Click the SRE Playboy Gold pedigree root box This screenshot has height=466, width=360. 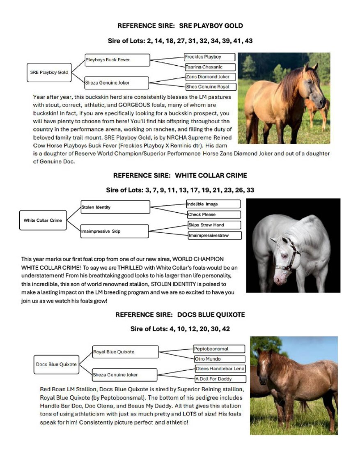tap(49, 72)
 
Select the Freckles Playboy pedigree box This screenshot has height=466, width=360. tap(209, 57)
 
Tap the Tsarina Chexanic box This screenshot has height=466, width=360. tap(210, 67)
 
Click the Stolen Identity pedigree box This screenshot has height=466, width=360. tap(115, 207)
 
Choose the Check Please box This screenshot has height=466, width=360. tap(213, 214)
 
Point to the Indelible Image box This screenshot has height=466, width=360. tap(213, 204)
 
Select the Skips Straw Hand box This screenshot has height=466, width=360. tap(213, 225)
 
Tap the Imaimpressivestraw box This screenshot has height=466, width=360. tap(214, 236)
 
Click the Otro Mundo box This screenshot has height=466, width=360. tap(219, 359)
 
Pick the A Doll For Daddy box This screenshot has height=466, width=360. tap(220, 379)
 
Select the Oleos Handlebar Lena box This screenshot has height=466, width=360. tap(220, 369)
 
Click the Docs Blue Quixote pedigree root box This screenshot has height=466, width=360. tap(56, 364)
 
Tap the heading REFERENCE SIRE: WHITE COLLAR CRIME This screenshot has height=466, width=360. tap(180, 175)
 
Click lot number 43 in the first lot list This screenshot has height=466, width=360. tap(248, 41)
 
